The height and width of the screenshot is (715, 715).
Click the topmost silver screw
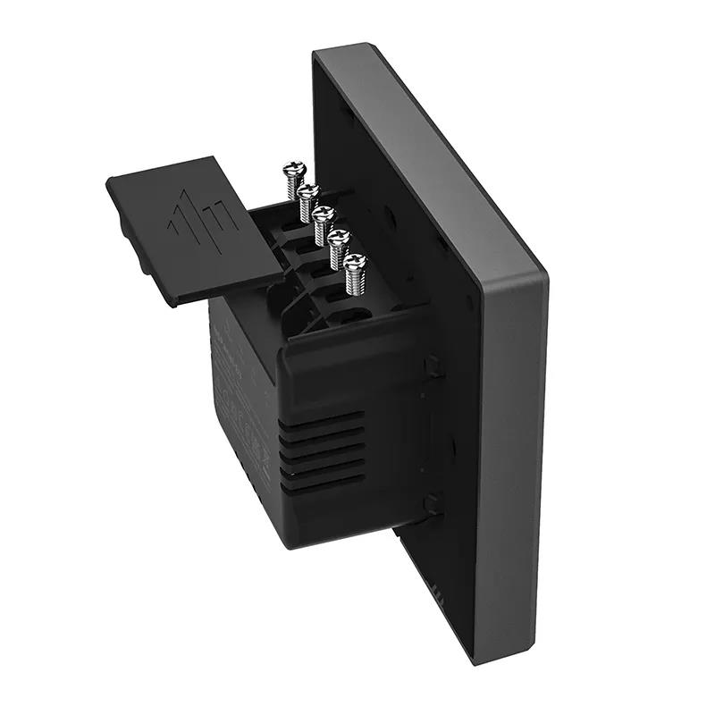292,170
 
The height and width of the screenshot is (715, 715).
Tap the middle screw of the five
324,216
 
